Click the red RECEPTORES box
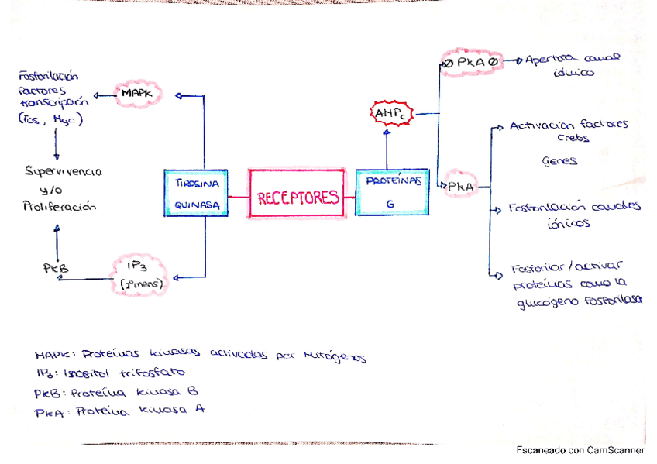point(298,197)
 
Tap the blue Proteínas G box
point(392,191)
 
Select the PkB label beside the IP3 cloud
point(56,268)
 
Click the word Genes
point(559,162)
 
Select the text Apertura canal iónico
point(572,64)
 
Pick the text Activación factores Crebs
point(569,131)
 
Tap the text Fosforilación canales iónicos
point(573,215)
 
